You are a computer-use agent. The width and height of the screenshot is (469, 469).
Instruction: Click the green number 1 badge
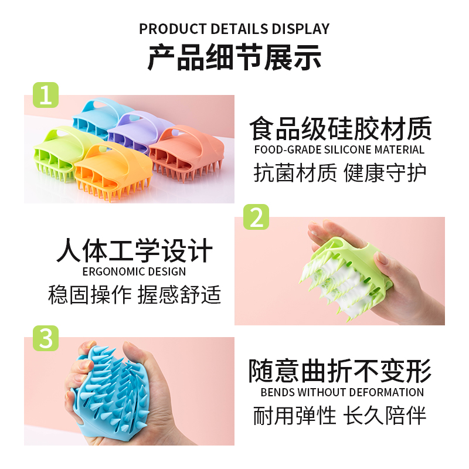click(46, 95)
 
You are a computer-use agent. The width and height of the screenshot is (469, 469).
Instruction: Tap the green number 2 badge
click(256, 217)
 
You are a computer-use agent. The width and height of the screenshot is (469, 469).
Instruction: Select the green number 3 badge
click(46, 338)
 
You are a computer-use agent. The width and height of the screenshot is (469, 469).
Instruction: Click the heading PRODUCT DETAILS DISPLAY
click(234, 29)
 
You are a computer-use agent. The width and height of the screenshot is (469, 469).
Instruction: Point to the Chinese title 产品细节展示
click(234, 57)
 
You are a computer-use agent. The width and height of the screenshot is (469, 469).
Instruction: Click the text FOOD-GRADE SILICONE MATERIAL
click(339, 149)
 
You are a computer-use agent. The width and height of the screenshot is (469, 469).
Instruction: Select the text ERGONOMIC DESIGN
click(134, 271)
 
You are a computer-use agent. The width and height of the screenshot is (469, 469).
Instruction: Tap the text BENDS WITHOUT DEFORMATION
click(342, 392)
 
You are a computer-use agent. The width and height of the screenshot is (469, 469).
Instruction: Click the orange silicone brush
click(114, 171)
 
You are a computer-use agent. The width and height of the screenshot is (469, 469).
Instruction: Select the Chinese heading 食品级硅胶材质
click(341, 128)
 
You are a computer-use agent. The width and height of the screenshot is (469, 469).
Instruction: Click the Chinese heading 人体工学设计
click(135, 251)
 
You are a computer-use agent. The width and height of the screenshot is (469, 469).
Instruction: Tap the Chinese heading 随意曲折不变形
click(340, 371)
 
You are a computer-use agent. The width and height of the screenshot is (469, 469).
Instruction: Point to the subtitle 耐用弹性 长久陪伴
click(340, 416)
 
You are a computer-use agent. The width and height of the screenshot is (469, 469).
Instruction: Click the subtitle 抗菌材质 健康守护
click(340, 172)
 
